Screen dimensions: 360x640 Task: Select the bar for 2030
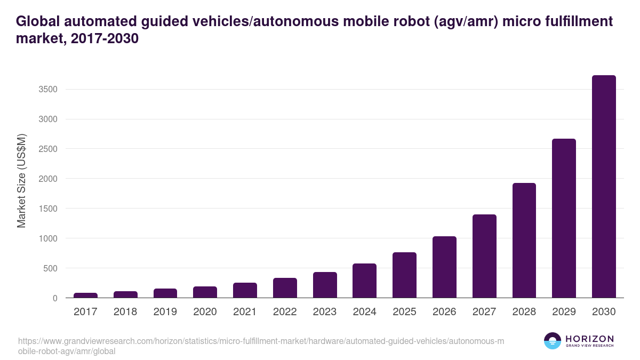point(604,186)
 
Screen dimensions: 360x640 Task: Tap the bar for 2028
point(524,240)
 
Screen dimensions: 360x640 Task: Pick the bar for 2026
point(444,267)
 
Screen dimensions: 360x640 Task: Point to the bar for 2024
point(364,281)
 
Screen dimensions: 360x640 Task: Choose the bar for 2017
point(85,295)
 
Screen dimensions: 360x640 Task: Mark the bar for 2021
point(245,290)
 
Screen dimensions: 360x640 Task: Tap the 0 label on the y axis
point(54,298)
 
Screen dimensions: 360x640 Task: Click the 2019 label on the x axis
point(165,312)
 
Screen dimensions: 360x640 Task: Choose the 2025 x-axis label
point(404,312)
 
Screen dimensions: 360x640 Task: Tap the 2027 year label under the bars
point(484,312)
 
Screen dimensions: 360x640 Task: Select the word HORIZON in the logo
point(589,339)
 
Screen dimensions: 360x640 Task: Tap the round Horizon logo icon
point(553,341)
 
